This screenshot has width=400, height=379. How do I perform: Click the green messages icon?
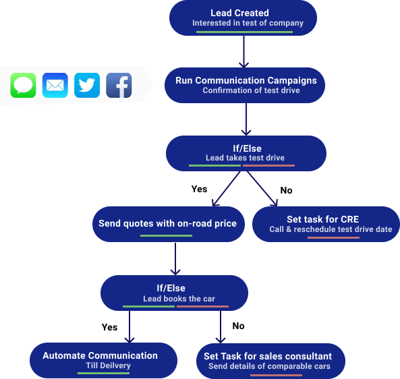(x=23, y=85)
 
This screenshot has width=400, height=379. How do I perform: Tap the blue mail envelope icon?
(x=55, y=85)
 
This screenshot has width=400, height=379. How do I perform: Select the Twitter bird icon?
(x=87, y=85)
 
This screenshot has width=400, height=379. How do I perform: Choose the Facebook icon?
(x=119, y=85)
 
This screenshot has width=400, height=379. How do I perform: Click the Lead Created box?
(x=243, y=18)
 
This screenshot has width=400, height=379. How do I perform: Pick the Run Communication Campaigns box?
(x=245, y=85)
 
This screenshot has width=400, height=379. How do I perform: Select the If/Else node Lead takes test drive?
(x=246, y=153)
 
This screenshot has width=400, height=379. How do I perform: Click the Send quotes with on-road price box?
(x=169, y=224)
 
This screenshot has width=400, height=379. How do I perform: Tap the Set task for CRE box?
(x=326, y=224)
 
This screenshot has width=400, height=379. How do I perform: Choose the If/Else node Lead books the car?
(x=174, y=293)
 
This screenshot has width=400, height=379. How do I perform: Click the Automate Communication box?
(x=104, y=360)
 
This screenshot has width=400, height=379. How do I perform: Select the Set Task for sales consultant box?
(x=270, y=361)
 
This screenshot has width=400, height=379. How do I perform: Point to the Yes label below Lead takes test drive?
(x=199, y=189)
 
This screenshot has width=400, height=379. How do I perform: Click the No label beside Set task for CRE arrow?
(x=286, y=190)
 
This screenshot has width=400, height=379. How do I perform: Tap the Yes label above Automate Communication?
(x=109, y=327)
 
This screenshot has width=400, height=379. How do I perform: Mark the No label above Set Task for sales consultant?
(x=238, y=326)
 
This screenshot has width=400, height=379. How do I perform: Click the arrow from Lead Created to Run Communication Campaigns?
(x=244, y=51)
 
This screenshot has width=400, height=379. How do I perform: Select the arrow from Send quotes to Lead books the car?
(x=175, y=259)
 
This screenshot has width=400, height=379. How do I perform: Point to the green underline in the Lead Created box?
(x=244, y=32)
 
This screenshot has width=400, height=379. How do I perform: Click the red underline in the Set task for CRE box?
(x=333, y=237)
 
